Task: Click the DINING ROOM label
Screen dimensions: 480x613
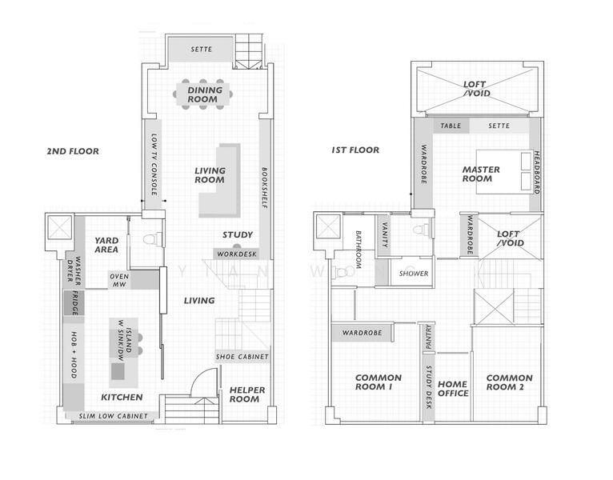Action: click(x=205, y=95)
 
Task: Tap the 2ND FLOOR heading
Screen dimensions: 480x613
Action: click(x=73, y=150)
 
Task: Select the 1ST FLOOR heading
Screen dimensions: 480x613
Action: click(x=355, y=150)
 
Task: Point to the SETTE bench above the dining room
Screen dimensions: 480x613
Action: click(x=201, y=50)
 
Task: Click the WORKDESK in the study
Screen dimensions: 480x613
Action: click(x=236, y=254)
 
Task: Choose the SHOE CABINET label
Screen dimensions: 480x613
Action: click(x=242, y=356)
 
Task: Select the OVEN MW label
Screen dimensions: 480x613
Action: click(x=119, y=279)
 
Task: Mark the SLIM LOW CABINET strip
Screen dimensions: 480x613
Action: click(x=113, y=416)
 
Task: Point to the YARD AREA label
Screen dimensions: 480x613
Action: click(x=106, y=245)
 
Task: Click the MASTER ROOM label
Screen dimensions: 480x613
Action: click(x=481, y=174)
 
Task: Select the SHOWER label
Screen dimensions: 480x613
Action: click(x=413, y=274)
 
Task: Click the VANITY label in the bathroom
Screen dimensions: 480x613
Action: click(x=385, y=234)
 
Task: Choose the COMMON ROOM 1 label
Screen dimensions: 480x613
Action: click(x=373, y=382)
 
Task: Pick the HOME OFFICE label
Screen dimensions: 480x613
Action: click(x=452, y=388)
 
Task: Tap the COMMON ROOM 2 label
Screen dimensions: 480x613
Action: click(x=509, y=382)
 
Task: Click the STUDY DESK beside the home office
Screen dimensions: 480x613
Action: click(x=429, y=388)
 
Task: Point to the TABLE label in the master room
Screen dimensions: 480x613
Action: click(x=451, y=126)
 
